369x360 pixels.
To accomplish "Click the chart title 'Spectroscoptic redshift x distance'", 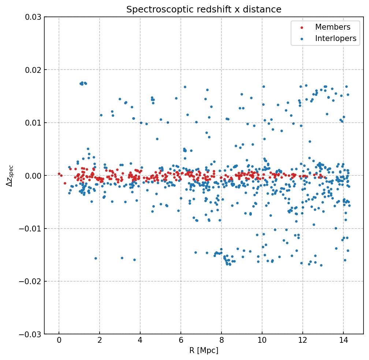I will (x=204, y=10).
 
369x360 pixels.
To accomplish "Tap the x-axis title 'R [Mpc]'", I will (x=204, y=350).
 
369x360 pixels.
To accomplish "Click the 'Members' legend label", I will (x=332, y=27).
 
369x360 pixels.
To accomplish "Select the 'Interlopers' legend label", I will (x=335, y=38).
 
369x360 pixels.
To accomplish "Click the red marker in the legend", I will (x=302, y=27).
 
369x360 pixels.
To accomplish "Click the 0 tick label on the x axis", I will (x=59, y=341).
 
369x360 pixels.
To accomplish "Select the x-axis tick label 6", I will (x=180, y=341).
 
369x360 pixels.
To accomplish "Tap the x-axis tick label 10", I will (x=262, y=341).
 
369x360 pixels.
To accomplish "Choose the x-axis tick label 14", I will (x=343, y=341).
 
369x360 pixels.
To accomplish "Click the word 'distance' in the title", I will (x=265, y=10).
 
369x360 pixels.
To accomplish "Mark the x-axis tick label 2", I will (x=100, y=341).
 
